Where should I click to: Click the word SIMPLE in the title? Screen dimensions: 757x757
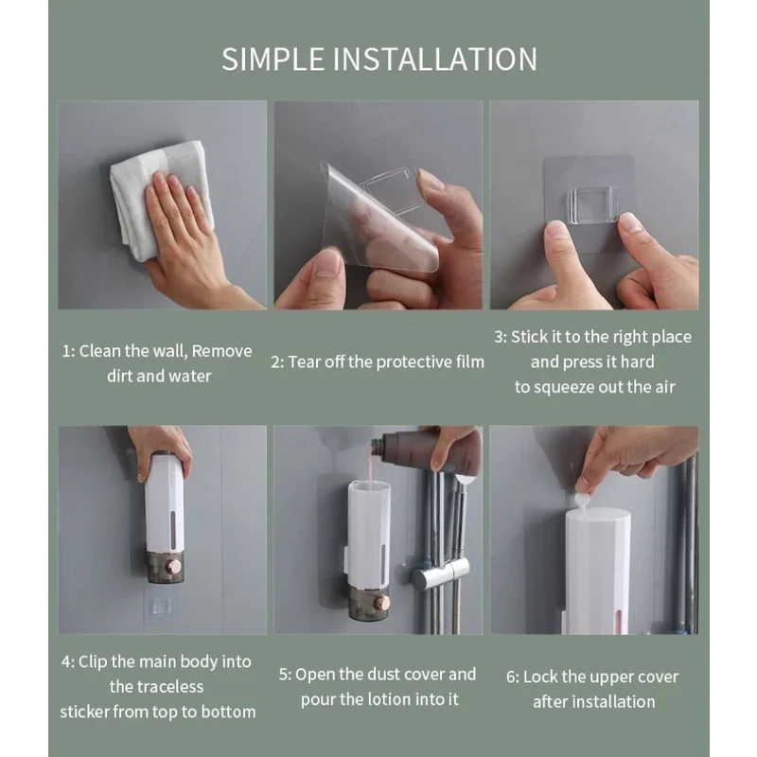point(273,59)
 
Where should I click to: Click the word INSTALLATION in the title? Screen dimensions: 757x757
point(435,59)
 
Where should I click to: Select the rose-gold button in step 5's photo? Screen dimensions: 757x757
point(383,602)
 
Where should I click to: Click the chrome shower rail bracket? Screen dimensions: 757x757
point(440,574)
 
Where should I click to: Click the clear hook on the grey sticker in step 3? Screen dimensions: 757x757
point(593,205)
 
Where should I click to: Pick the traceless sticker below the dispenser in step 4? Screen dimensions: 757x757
point(161,606)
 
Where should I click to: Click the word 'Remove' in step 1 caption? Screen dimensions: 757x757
point(221,351)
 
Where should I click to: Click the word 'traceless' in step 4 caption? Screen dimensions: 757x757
point(156,687)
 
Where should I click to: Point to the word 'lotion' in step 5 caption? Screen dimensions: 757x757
point(390,699)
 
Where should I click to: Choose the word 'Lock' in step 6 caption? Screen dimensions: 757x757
point(538,677)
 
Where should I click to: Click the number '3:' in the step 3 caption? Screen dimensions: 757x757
point(501,337)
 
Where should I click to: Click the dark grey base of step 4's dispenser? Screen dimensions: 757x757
point(166,567)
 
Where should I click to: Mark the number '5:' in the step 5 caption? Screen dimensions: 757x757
point(286,675)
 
